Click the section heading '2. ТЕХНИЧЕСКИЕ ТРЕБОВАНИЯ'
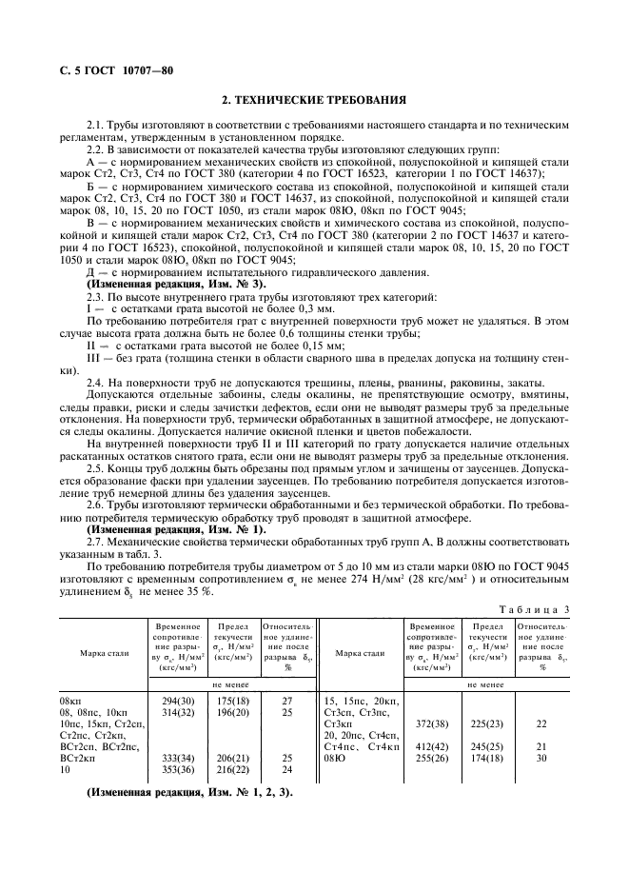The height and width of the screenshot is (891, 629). [x=314, y=99]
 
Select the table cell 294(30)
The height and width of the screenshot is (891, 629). [x=179, y=698]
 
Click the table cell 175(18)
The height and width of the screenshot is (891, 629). [x=233, y=698]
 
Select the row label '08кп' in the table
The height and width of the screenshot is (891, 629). [x=72, y=698]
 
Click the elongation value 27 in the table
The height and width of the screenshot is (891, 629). [x=286, y=698]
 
